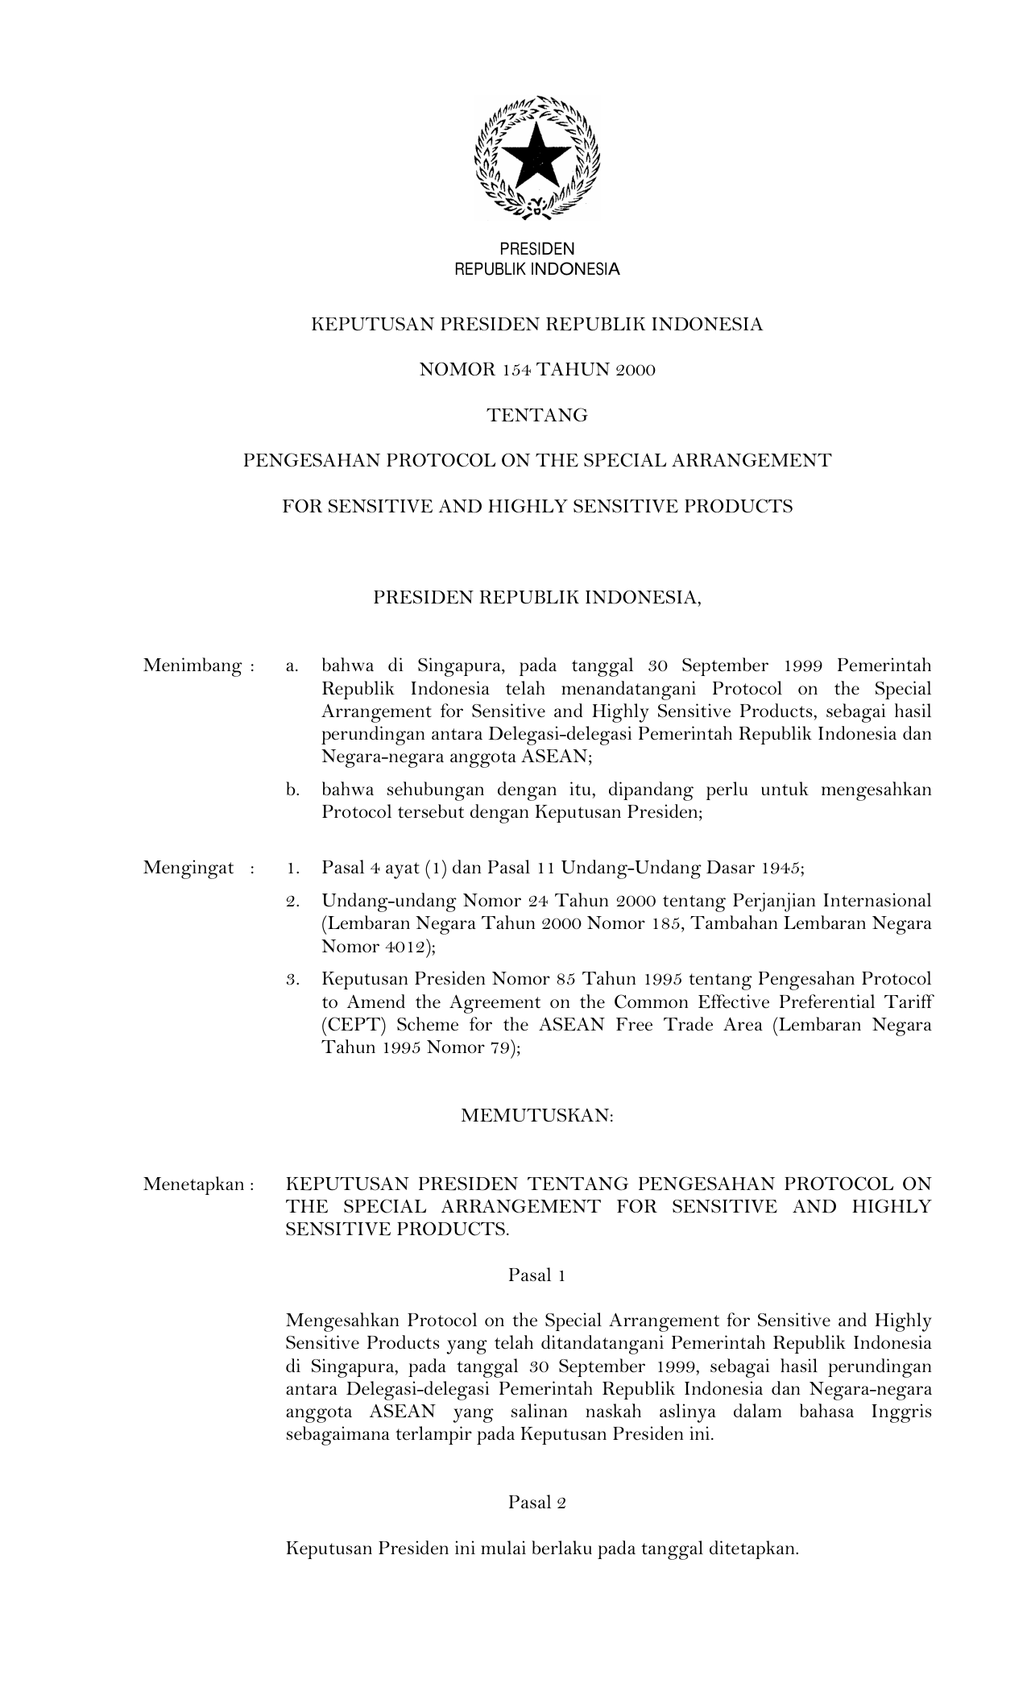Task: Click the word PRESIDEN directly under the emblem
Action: coord(537,250)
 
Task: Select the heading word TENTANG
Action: coord(537,416)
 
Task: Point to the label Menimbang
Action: coord(193,666)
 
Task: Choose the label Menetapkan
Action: coord(193,1184)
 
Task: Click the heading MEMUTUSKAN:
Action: coord(537,1116)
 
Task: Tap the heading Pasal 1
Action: coord(536,1275)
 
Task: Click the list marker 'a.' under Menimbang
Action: coord(292,666)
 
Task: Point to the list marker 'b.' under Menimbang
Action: coord(292,790)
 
